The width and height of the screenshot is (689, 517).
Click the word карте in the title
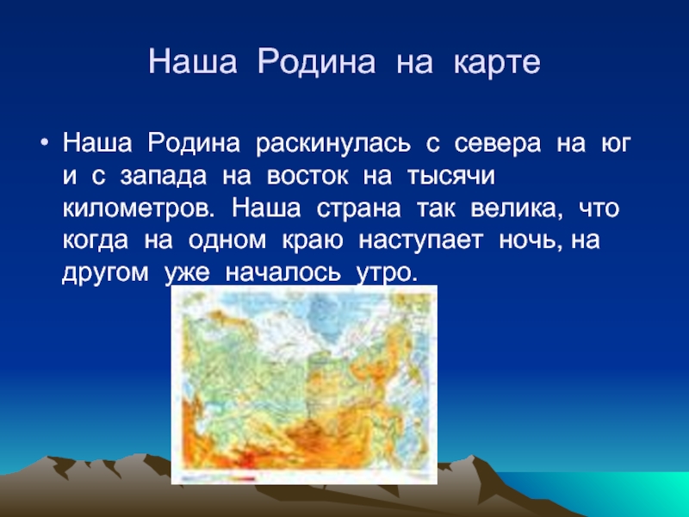pos(497,61)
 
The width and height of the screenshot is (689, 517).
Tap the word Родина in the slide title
pos(316,61)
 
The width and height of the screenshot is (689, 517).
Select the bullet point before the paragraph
pos(44,142)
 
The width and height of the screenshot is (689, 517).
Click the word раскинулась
pos(333,143)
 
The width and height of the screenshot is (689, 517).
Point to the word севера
pos(498,144)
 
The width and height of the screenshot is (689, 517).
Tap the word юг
pos(616,144)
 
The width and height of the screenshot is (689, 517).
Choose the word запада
pos(164,177)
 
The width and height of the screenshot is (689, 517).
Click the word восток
pos(307,177)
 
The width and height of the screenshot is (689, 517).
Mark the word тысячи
pos(451,177)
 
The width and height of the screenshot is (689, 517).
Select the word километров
pos(138,209)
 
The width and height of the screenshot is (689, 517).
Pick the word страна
pos(358,209)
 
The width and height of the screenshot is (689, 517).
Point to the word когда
pos(96,240)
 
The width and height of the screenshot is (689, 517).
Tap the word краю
pos(312,241)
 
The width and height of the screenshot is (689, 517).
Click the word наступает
pos(421,241)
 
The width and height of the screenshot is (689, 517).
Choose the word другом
pos(105,273)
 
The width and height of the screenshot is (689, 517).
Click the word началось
pos(282,272)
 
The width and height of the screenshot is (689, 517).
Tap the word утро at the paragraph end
pos(385,273)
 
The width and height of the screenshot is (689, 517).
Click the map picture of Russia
pos(304,384)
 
